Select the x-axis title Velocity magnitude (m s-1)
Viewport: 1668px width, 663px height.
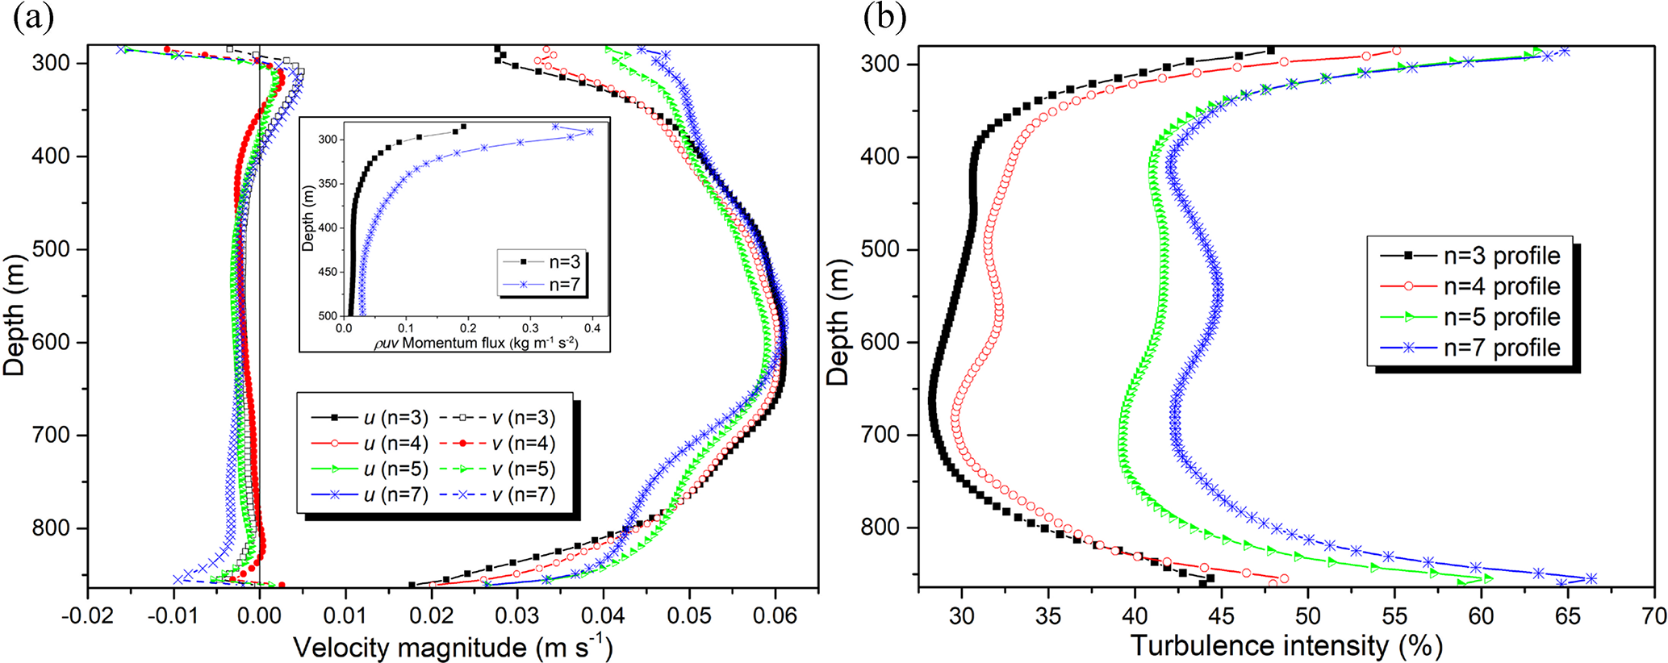pyautogui.click(x=452, y=647)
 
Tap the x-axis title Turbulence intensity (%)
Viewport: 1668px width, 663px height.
pyautogui.click(x=1286, y=645)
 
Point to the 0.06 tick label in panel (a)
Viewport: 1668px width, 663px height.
pyautogui.click(x=775, y=617)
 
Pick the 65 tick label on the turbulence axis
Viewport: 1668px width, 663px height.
pyautogui.click(x=1567, y=617)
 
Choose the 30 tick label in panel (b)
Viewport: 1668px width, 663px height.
pyautogui.click(x=961, y=617)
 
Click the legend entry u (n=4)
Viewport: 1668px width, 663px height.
pyautogui.click(x=395, y=444)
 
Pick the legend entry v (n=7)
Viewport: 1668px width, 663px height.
pyautogui.click(x=524, y=494)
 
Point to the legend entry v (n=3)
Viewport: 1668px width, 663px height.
pyautogui.click(x=524, y=418)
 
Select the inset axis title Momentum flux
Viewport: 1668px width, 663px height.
pyautogui.click(x=476, y=344)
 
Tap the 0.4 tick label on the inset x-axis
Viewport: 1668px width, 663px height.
pyautogui.click(x=592, y=328)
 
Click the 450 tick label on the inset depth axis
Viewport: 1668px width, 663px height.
pyautogui.click(x=327, y=272)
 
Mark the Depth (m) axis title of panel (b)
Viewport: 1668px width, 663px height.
pyautogui.click(x=839, y=323)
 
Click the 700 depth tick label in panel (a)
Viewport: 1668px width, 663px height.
pyautogui.click(x=51, y=436)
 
